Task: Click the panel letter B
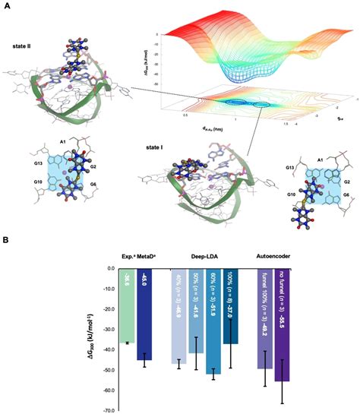click(5, 242)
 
